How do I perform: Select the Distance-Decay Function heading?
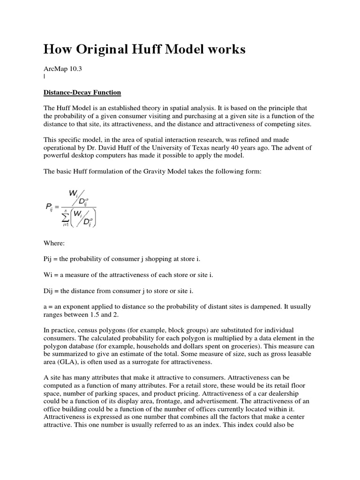click(x=82, y=92)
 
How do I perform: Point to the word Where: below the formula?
click(x=54, y=244)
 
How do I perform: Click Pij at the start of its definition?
click(x=49, y=259)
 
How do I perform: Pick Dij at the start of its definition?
click(x=49, y=291)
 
